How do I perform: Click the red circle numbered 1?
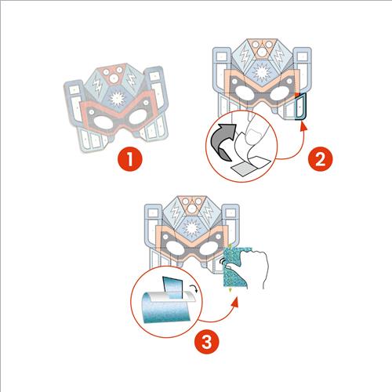[130, 159]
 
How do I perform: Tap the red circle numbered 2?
[321, 159]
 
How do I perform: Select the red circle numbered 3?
[207, 342]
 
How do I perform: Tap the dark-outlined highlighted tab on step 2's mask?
[300, 107]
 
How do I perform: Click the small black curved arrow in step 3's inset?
[194, 289]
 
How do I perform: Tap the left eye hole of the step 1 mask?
[103, 123]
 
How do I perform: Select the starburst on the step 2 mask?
[260, 71]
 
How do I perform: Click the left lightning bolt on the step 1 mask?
[97, 85]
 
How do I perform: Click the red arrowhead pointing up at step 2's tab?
[303, 126]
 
